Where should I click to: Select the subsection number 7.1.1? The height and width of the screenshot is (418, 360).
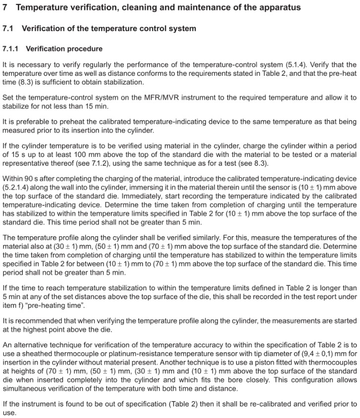11,49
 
